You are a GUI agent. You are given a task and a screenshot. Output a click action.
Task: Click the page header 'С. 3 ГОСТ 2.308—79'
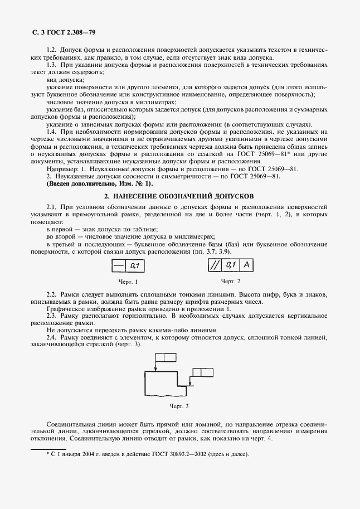point(62,33)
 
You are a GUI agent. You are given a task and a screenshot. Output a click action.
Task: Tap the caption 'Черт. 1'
point(129,282)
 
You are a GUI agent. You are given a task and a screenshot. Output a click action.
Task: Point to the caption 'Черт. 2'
point(231,281)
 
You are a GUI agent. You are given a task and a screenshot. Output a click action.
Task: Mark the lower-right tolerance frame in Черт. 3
point(202,372)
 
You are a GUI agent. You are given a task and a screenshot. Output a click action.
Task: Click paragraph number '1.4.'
point(52,131)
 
